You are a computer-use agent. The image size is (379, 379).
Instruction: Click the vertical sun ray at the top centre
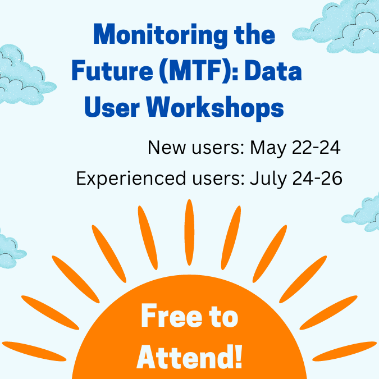tap(189, 230)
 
